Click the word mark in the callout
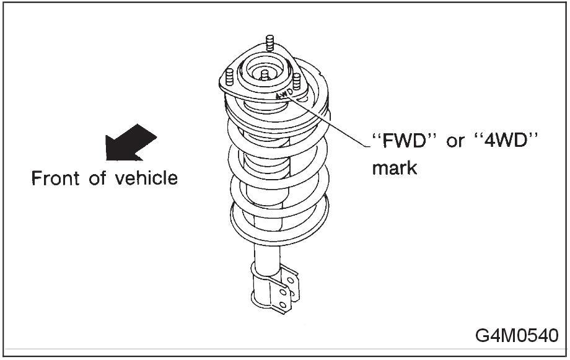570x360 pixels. tap(394, 167)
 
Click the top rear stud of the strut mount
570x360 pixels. tap(270, 44)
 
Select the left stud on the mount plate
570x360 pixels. tap(229, 77)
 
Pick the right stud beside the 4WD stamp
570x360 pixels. tap(297, 81)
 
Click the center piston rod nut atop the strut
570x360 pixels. tap(265, 75)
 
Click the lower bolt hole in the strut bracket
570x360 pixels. tap(283, 304)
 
